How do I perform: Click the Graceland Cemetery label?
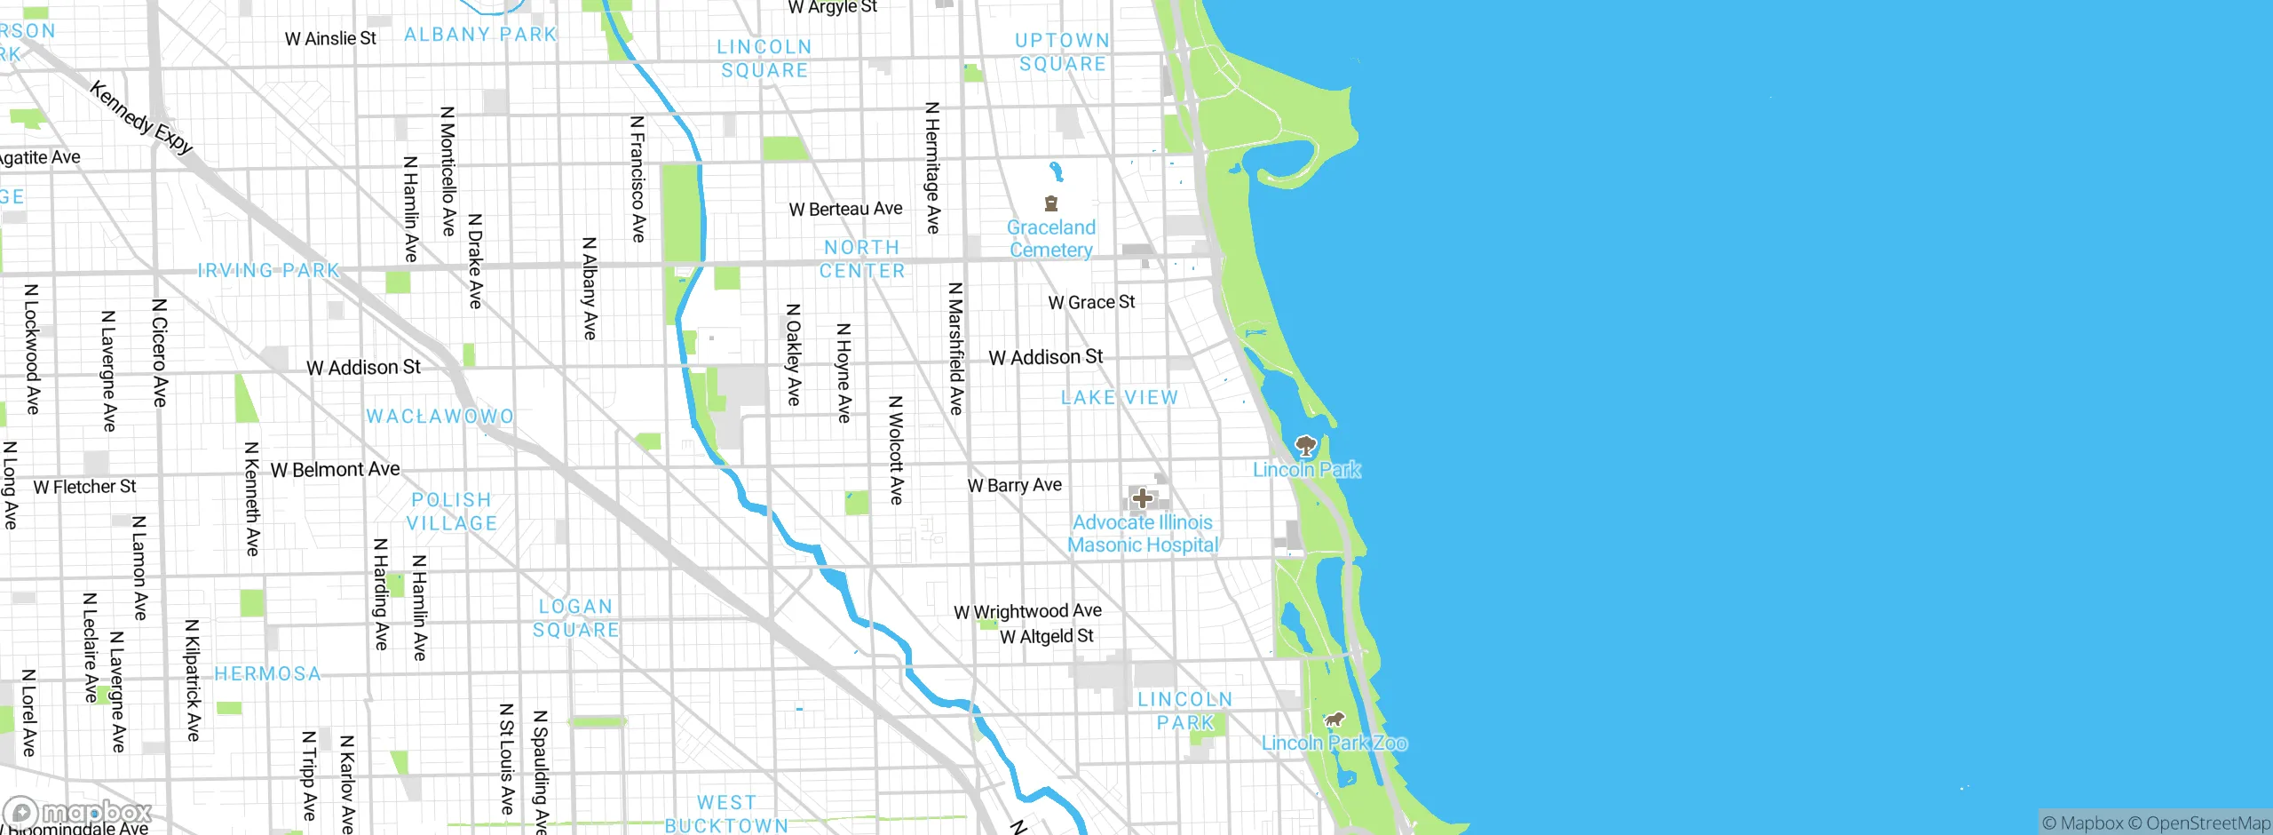1051,239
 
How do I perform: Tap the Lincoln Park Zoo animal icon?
1334,720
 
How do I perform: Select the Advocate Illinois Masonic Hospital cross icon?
1143,498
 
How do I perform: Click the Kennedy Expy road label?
141,116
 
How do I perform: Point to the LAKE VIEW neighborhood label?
1120,398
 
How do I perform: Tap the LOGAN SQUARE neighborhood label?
576,618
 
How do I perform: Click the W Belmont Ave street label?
335,469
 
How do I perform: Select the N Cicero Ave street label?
160,353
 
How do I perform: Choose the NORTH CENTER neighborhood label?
862,259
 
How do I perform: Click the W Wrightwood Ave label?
1027,611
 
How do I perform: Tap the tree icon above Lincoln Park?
1305,445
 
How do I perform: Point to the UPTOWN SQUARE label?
1063,52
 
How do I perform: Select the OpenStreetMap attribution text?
2207,823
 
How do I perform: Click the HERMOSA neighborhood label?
268,674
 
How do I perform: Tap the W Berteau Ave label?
845,209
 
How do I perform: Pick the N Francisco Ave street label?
638,179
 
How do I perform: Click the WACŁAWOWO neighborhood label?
440,417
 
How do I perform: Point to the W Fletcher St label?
84,487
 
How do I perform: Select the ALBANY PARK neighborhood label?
480,35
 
